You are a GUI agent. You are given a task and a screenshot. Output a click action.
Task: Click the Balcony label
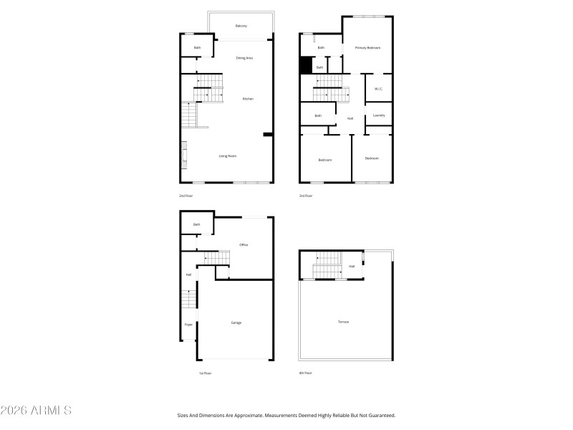(241, 26)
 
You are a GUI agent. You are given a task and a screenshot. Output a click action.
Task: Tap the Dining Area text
(244, 58)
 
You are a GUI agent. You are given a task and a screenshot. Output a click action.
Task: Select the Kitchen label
(248, 99)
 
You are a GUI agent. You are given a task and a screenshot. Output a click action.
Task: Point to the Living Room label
(228, 156)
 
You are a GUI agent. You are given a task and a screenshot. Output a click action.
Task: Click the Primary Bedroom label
(367, 48)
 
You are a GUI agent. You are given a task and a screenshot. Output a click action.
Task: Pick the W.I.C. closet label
(379, 90)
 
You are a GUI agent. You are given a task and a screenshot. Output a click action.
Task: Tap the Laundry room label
(380, 115)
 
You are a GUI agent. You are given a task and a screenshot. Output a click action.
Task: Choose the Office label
(244, 246)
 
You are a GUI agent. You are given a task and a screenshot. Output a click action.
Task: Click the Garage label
(236, 323)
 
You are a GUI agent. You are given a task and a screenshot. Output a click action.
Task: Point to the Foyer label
(188, 325)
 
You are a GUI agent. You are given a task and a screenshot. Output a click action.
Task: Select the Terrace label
(344, 322)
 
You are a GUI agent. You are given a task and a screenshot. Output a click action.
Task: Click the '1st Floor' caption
(206, 373)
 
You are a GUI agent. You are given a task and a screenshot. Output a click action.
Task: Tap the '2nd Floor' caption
(186, 196)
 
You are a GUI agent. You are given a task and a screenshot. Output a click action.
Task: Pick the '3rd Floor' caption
(306, 196)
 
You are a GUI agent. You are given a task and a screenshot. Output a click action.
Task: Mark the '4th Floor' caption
(306, 373)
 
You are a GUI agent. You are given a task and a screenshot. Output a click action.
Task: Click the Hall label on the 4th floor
(352, 267)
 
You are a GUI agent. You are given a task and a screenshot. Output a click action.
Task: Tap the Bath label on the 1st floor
(196, 224)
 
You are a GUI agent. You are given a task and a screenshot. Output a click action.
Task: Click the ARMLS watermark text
(36, 411)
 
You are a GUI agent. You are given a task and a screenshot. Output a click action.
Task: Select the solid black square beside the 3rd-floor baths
(306, 65)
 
